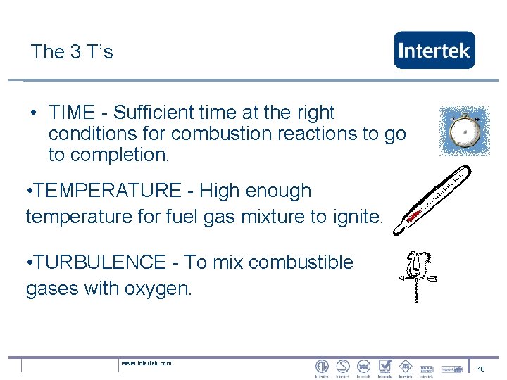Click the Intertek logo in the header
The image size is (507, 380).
434,50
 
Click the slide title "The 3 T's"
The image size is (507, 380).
72,51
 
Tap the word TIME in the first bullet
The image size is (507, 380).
72,113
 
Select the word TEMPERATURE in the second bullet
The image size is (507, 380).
108,191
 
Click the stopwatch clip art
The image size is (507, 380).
464,131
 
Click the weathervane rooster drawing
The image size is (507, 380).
418,275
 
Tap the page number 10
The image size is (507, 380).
482,369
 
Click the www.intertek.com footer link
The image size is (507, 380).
146,363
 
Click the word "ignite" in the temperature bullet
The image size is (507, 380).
361,217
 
